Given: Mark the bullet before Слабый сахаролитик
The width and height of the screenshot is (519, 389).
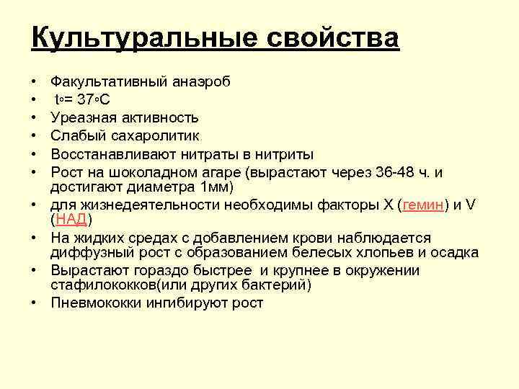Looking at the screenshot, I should coord(35,135).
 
